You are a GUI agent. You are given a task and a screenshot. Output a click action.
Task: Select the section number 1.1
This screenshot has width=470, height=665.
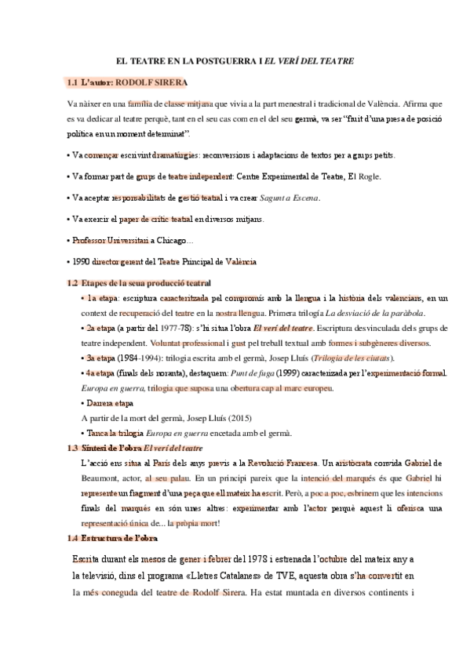[72, 82]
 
